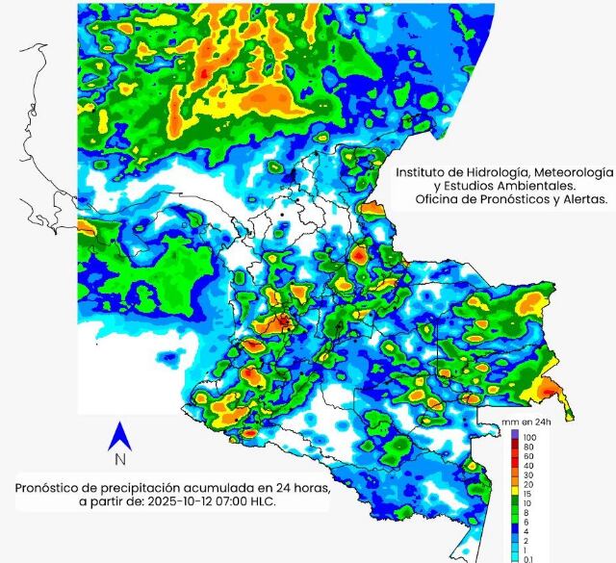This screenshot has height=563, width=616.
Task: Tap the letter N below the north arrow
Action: [x=121, y=460]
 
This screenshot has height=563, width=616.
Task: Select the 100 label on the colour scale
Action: [x=529, y=437]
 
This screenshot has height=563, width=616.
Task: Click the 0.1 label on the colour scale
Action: [x=528, y=557]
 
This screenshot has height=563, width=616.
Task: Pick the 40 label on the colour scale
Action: [x=528, y=465]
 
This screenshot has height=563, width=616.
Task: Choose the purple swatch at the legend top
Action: [x=515, y=436]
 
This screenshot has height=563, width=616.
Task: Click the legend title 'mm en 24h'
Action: [x=528, y=423]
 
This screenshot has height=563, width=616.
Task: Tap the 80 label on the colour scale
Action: [x=528, y=447]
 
